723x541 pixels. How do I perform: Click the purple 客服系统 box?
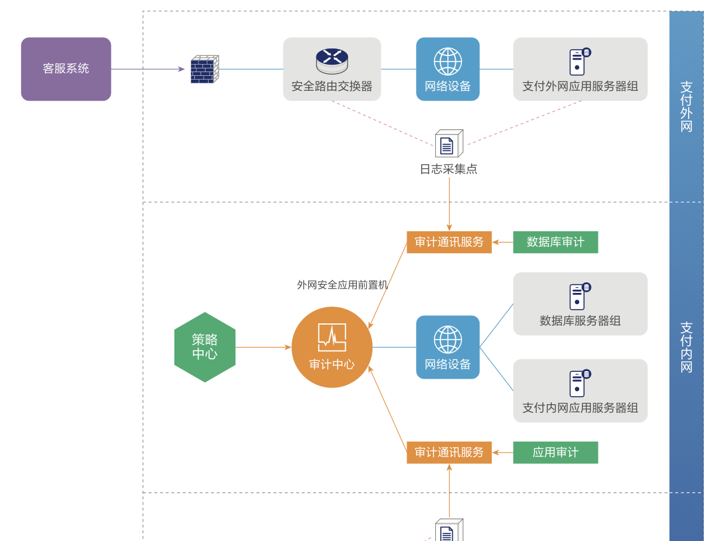[66, 69]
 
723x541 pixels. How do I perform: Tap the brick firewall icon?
[204, 69]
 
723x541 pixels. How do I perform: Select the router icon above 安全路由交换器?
[332, 61]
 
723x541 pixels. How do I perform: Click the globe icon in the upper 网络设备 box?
[448, 62]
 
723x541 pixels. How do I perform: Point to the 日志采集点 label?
[448, 169]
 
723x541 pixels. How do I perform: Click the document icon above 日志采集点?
[448, 144]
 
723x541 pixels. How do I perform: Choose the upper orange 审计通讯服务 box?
[449, 242]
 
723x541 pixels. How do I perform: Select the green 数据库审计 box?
[555, 242]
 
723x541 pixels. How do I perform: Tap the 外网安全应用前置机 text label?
[342, 285]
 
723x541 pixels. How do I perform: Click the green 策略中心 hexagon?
[205, 347]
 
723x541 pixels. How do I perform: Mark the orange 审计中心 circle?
[332, 347]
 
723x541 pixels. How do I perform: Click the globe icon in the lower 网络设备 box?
[448, 340]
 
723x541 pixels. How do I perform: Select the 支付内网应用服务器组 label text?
[580, 408]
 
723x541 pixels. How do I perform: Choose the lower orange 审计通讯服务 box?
[449, 452]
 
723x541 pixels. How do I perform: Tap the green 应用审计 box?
[555, 452]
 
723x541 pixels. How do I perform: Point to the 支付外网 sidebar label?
[686, 106]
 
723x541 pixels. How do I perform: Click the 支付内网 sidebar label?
[686, 346]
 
